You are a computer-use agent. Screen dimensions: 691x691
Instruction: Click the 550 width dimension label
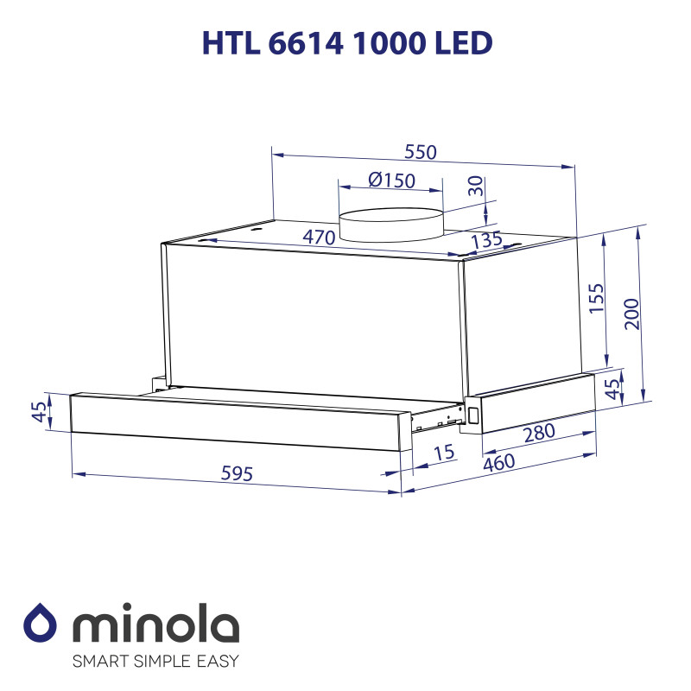coord(422,152)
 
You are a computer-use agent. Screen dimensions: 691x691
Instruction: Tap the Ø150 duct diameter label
coord(391,181)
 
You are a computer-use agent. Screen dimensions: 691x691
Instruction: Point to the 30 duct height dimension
coord(475,187)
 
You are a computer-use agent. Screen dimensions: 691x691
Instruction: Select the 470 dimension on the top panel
coord(319,237)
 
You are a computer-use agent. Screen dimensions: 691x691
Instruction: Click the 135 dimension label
coord(486,241)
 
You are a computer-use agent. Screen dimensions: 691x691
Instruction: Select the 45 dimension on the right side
coord(612,390)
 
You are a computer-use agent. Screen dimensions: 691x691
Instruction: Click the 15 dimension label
coord(444,453)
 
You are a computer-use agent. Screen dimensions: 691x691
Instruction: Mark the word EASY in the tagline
coord(213,662)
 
